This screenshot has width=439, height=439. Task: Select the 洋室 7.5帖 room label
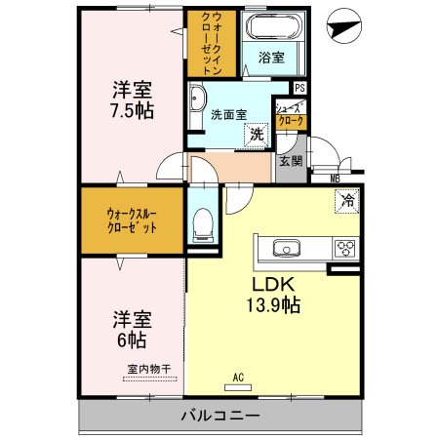(x=132, y=97)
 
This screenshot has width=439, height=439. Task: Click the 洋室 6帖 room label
(x=129, y=329)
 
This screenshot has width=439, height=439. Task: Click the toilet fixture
(x=203, y=226)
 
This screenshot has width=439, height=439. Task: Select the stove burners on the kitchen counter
(x=345, y=248)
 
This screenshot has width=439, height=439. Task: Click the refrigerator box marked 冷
(x=346, y=202)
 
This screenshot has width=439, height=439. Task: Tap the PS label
(x=299, y=88)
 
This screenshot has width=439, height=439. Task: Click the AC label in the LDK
(x=237, y=377)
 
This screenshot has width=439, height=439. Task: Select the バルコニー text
(x=219, y=417)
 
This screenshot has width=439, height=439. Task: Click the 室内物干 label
(x=148, y=368)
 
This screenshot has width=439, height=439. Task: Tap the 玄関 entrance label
(x=290, y=161)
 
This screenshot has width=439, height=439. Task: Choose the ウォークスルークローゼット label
(x=132, y=219)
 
